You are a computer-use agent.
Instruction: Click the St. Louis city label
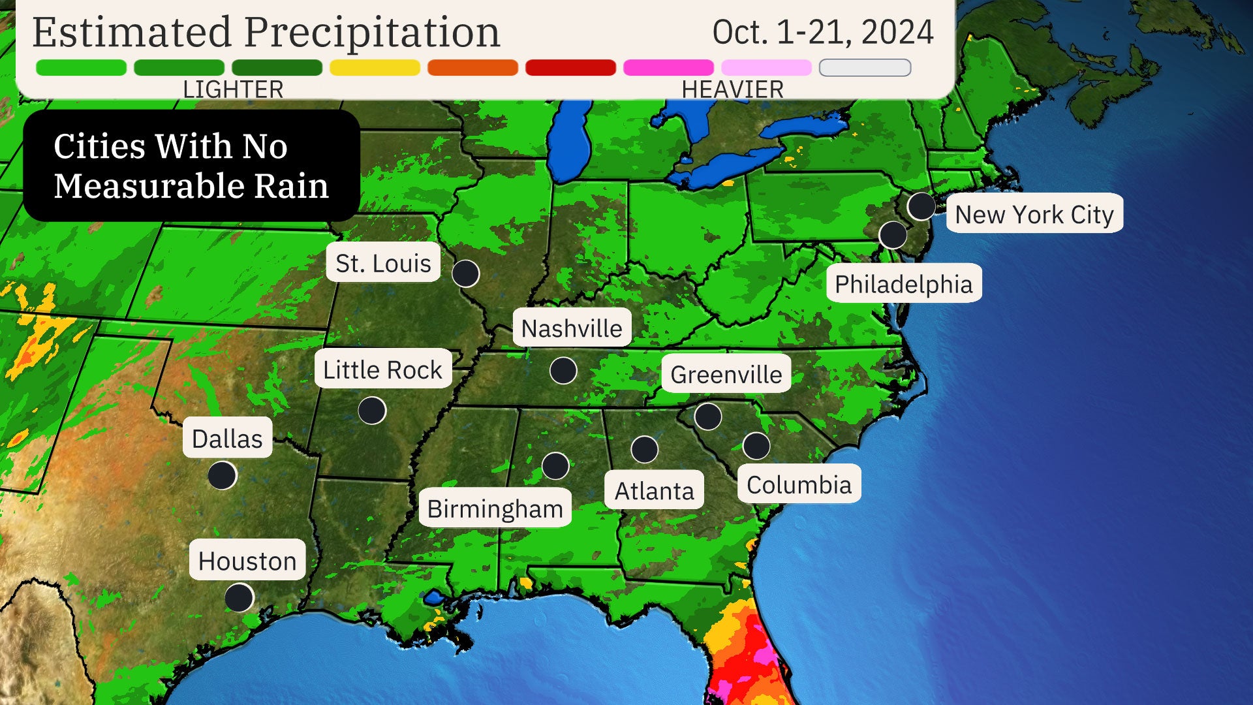(383, 263)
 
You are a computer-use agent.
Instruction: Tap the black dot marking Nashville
(563, 370)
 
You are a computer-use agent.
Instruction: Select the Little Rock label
(383, 369)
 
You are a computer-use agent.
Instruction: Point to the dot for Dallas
(222, 475)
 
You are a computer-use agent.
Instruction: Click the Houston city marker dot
(239, 597)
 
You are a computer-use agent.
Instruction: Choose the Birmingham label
(495, 509)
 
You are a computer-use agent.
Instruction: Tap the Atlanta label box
(654, 490)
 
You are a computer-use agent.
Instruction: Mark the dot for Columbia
(756, 446)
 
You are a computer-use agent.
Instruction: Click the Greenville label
(726, 374)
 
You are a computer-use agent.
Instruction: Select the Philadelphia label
(903, 284)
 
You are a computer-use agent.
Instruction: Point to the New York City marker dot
(921, 206)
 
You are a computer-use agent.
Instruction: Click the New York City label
(1034, 214)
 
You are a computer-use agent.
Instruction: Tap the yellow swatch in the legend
(375, 67)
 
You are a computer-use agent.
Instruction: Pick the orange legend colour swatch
(472, 67)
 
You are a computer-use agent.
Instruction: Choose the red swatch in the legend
(570, 67)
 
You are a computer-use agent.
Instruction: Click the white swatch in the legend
(865, 67)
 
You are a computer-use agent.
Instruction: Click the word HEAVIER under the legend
(732, 89)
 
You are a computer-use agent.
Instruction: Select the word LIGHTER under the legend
(233, 89)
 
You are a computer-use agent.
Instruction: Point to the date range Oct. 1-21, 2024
(823, 32)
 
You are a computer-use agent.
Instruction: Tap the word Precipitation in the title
(372, 32)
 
